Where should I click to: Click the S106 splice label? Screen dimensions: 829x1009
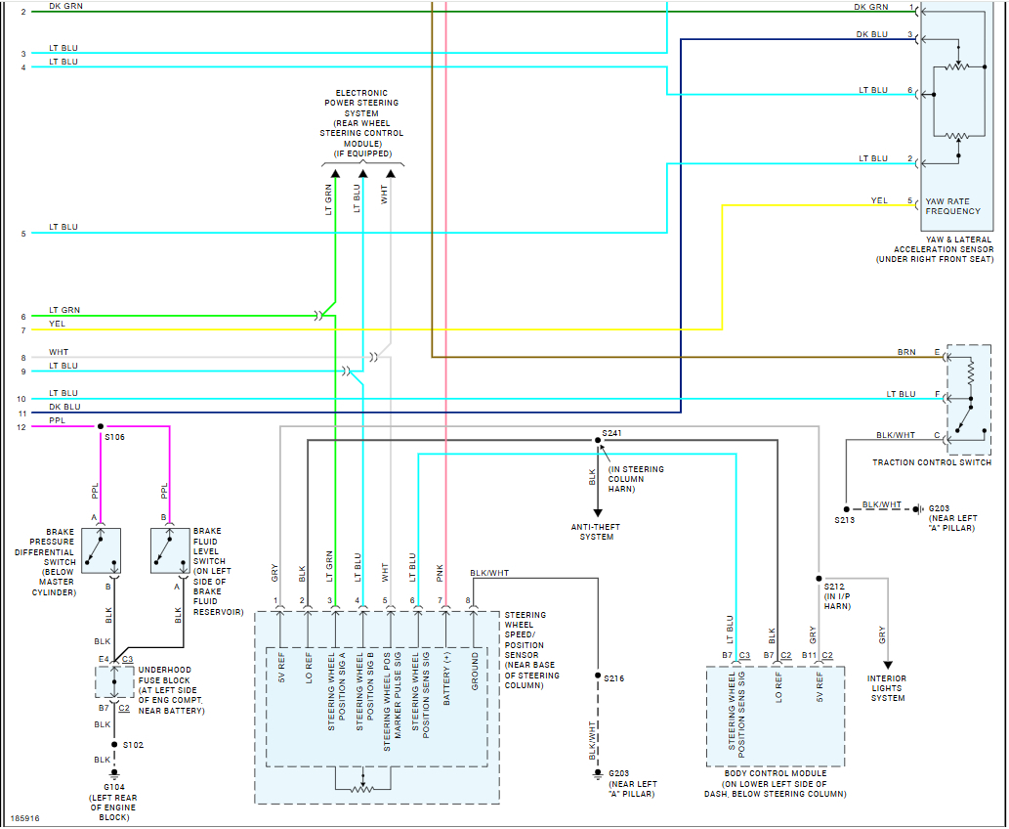pyautogui.click(x=115, y=437)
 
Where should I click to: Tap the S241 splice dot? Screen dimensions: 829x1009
pyautogui.click(x=598, y=440)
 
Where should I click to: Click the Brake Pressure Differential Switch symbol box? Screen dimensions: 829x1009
pyautogui.click(x=102, y=550)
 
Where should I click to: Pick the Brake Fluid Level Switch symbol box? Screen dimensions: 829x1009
pyautogui.click(x=170, y=550)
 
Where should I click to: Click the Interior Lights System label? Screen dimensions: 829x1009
pyautogui.click(x=886, y=688)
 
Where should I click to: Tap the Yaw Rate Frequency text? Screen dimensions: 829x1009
pyautogui.click(x=952, y=206)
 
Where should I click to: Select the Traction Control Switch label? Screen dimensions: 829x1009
pyautogui.click(x=932, y=462)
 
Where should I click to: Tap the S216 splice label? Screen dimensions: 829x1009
pyautogui.click(x=613, y=677)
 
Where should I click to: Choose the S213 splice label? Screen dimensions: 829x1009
pyautogui.click(x=844, y=521)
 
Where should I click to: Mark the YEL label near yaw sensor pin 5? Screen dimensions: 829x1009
pyautogui.click(x=879, y=200)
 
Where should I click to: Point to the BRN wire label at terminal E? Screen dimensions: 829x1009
pyautogui.click(x=906, y=352)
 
